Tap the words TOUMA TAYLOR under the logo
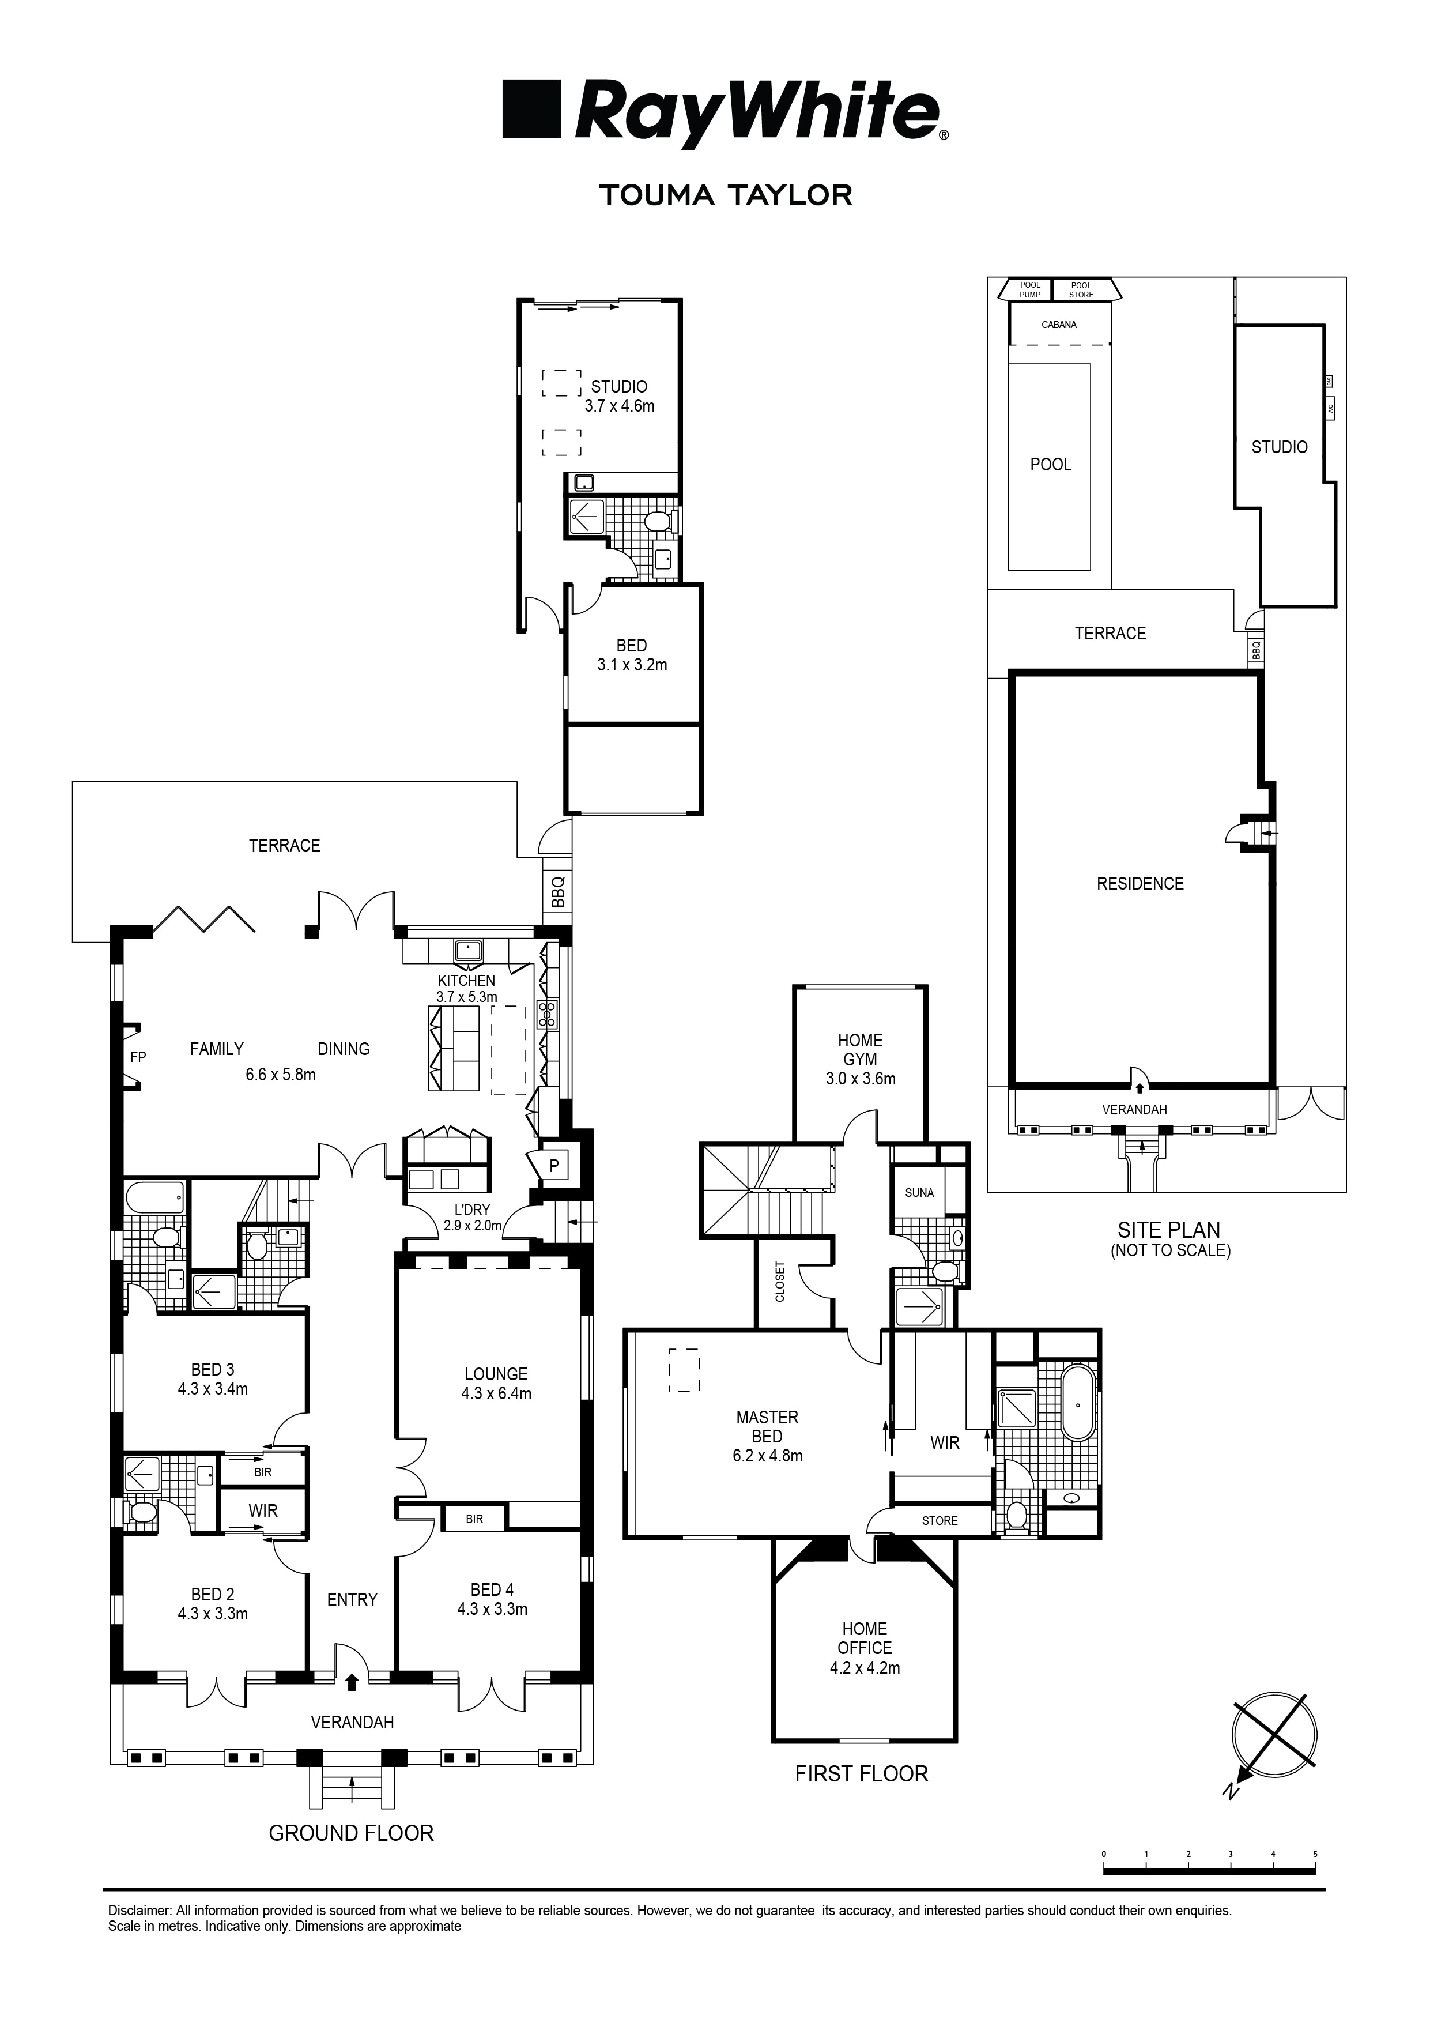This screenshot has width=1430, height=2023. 725,195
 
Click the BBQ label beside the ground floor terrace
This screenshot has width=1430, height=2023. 557,892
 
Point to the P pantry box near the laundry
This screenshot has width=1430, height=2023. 553,1166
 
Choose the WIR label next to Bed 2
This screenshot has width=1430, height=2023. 263,1511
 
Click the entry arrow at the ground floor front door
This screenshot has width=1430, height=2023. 352,1683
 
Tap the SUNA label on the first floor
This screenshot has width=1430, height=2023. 919,1192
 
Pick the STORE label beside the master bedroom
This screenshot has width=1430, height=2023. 940,1521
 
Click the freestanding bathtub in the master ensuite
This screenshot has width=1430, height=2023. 1078,1403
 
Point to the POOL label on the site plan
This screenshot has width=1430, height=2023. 1050,464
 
